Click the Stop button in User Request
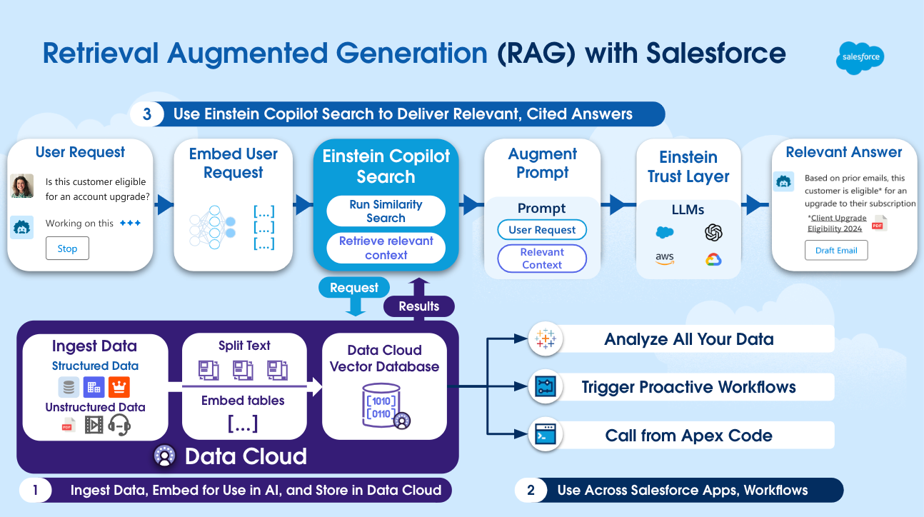click(x=67, y=249)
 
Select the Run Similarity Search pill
click(x=386, y=211)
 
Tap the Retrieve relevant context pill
click(x=386, y=248)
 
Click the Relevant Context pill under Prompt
click(x=542, y=258)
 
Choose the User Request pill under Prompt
click(x=542, y=230)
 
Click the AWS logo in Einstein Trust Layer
click(x=665, y=259)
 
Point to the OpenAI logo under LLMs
click(x=713, y=232)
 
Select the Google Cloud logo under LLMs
click(x=713, y=259)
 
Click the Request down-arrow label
click(x=354, y=288)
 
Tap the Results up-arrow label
click(x=419, y=306)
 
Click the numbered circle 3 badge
click(x=147, y=114)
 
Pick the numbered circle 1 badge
click(x=35, y=490)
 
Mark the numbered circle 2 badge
click(x=531, y=490)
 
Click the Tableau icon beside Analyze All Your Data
click(x=545, y=339)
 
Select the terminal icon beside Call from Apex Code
click(x=545, y=435)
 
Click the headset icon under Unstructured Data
click(x=120, y=425)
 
